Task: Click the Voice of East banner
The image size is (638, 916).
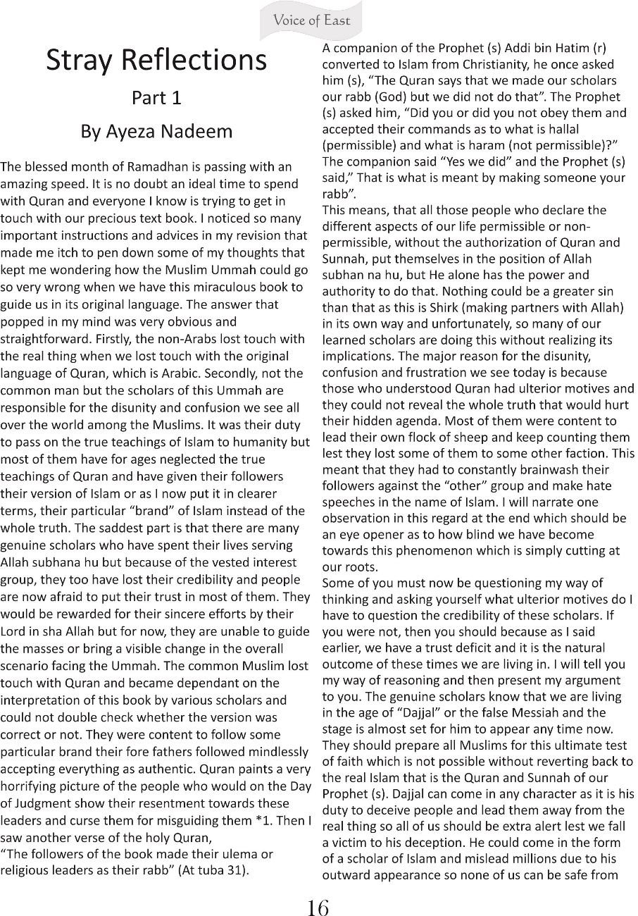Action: pyautogui.click(x=312, y=20)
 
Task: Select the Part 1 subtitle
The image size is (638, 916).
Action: pyautogui.click(x=156, y=98)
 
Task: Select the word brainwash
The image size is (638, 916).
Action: pyautogui.click(x=534, y=470)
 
